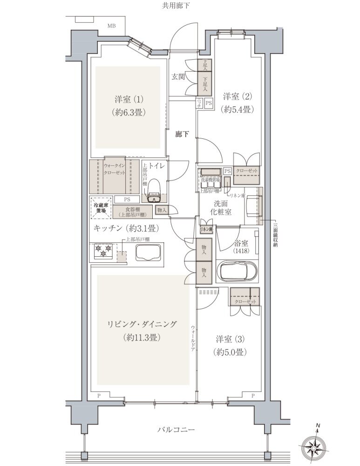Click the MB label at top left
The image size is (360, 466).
[112, 26]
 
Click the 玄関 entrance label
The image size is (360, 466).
[178, 77]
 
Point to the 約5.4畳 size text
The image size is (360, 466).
[238, 110]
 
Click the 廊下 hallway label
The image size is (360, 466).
[182, 134]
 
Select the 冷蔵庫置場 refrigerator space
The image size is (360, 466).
[100, 208]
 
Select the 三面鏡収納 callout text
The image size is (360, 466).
[275, 236]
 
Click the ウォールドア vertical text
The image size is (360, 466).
[193, 337]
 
